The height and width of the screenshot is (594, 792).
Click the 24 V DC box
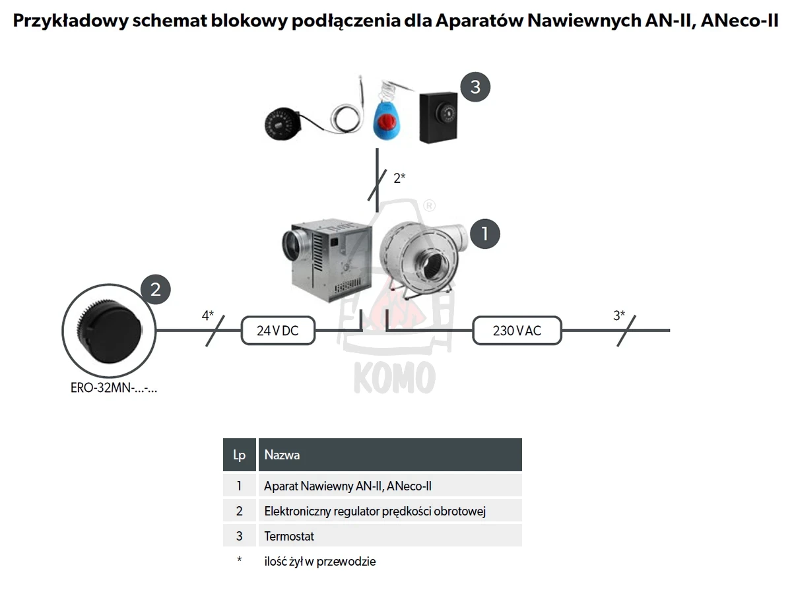coord(278,331)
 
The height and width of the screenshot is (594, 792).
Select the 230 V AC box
coord(517,331)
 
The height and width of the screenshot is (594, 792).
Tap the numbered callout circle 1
coord(485,234)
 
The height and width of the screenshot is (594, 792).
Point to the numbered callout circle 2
coord(156,289)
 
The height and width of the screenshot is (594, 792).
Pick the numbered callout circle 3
coord(475,87)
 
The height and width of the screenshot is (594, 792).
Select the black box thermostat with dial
coord(438,117)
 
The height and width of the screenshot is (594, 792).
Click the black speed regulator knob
coord(110,330)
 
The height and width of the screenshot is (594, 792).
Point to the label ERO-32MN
coord(114,388)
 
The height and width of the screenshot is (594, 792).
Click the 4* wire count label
coord(207,315)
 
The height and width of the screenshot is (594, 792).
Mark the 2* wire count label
coord(399,178)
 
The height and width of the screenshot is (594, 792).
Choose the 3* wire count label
coord(619,315)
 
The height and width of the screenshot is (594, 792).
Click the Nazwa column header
coord(390,455)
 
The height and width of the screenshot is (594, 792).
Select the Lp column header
coord(239,455)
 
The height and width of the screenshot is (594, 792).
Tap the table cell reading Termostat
coord(390,536)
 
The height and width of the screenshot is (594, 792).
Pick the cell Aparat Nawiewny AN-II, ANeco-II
coord(390,486)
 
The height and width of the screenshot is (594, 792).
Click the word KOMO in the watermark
coord(395,378)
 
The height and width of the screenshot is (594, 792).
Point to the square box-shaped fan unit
coord(327,259)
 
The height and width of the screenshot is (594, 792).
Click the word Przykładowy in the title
coord(71,20)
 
